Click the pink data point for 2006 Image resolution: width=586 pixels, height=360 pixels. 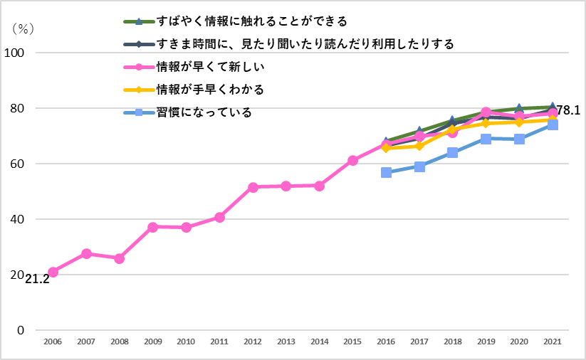(x=53, y=272)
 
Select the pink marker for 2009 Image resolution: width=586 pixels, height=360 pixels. (x=152, y=227)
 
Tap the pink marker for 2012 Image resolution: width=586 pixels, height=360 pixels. (x=253, y=187)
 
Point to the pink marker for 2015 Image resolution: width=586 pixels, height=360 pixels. (x=352, y=161)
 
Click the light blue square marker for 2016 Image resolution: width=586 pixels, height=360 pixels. (x=386, y=173)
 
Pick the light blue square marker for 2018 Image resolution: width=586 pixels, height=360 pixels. (x=453, y=152)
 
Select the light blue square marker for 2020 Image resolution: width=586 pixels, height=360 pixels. (x=519, y=139)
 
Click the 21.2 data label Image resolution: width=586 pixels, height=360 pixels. (x=37, y=280)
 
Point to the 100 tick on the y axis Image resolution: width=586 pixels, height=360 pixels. (x=15, y=53)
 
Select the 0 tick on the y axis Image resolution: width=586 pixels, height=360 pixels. (x=21, y=330)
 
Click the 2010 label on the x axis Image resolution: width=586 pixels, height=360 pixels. (x=186, y=342)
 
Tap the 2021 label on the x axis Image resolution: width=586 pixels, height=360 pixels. (x=553, y=342)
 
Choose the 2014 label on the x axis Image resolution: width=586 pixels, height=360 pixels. (x=319, y=342)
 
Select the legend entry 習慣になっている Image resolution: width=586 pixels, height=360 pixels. (x=204, y=112)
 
